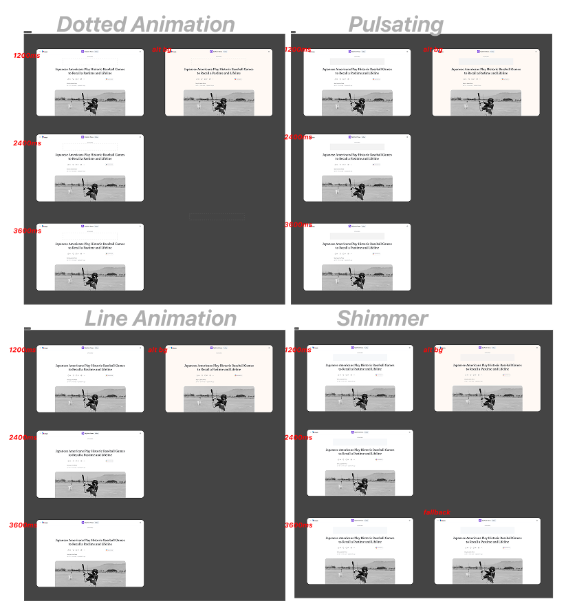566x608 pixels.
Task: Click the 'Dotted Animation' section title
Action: click(145, 25)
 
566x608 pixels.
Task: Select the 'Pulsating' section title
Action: click(395, 25)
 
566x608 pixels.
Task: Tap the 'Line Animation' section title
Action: click(160, 318)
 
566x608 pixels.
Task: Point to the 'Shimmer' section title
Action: click(382, 318)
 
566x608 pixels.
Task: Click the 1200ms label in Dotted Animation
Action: click(27, 55)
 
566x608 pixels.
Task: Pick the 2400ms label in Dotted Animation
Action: click(27, 143)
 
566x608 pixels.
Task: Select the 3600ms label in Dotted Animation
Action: click(27, 231)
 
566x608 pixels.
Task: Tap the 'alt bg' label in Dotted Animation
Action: click(162, 50)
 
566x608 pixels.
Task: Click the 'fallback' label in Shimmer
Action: click(437, 512)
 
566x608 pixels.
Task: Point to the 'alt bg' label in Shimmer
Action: click(433, 350)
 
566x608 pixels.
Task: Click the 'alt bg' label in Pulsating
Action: click(433, 50)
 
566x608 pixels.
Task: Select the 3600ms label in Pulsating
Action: click(298, 224)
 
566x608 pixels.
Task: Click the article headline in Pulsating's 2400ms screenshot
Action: click(358, 157)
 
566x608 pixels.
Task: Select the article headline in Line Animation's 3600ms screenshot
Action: click(90, 542)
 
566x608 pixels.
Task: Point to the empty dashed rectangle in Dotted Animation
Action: click(217, 217)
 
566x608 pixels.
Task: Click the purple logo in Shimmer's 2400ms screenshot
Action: click(353, 433)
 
